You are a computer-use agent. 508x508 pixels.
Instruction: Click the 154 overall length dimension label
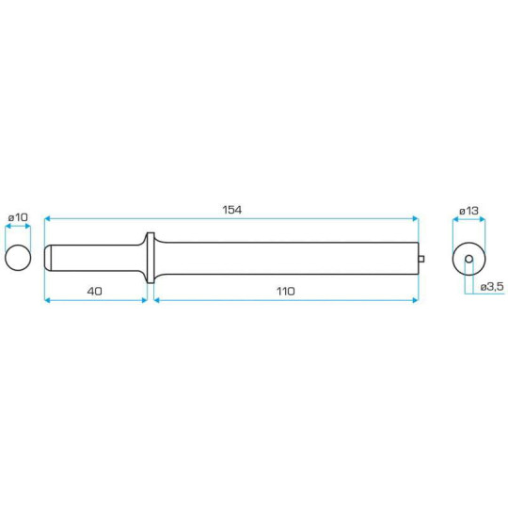[x=232, y=209]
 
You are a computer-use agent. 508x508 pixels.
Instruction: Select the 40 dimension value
[x=94, y=291]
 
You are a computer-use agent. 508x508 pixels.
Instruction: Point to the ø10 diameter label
[x=18, y=216]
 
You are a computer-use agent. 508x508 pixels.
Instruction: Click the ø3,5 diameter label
[x=491, y=285]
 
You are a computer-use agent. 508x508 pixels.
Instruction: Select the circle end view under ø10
[x=18, y=257]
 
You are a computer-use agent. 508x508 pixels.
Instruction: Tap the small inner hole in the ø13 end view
[x=468, y=258]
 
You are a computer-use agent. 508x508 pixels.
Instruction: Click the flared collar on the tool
[x=148, y=257]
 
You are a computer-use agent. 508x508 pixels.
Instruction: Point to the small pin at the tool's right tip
[x=421, y=259]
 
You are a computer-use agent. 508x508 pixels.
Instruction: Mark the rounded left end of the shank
[x=49, y=258]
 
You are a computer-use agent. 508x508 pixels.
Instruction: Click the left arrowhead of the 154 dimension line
[x=48, y=218]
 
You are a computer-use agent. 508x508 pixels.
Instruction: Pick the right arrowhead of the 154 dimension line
[x=415, y=218]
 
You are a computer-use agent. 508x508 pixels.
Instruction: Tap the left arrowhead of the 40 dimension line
[x=48, y=300]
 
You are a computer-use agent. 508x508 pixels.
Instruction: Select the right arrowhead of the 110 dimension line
[x=415, y=300]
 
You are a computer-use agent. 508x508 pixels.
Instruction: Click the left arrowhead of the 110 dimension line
[x=157, y=300]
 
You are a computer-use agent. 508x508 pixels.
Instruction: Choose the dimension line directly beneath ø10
[x=18, y=227]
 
